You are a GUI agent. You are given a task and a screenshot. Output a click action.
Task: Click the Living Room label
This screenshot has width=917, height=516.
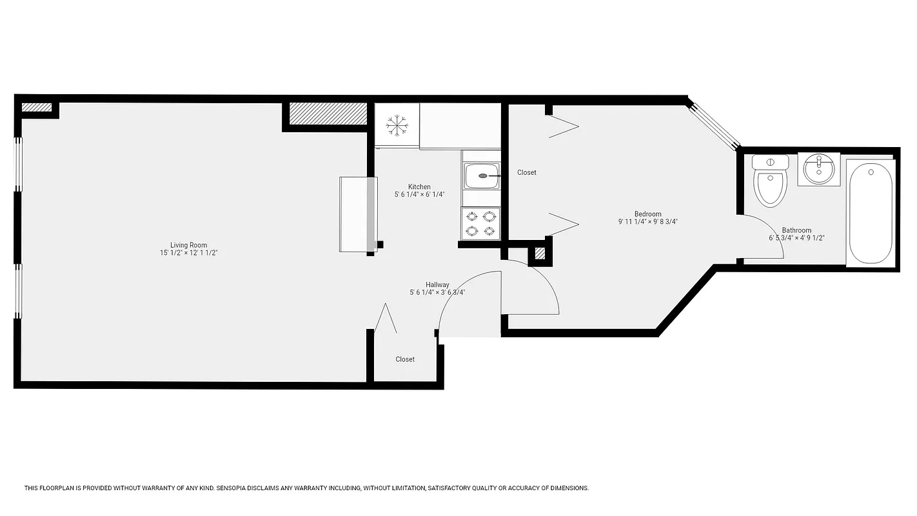click(x=188, y=245)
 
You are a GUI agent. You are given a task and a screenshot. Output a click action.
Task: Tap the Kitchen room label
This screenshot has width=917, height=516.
click(x=419, y=187)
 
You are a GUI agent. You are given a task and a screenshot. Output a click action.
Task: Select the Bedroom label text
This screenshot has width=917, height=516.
click(x=647, y=214)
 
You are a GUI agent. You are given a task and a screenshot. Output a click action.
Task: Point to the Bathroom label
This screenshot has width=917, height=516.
click(x=796, y=230)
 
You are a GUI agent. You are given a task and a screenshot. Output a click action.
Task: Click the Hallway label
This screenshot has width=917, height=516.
click(x=437, y=284)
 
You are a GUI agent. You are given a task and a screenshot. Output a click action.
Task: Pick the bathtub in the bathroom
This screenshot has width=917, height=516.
click(x=870, y=213)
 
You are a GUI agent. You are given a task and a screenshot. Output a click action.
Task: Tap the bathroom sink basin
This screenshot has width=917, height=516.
click(x=819, y=169)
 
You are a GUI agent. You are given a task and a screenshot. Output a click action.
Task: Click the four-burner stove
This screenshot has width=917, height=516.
click(x=481, y=223)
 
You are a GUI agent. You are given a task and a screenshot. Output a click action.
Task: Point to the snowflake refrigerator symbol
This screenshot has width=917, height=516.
click(x=397, y=124)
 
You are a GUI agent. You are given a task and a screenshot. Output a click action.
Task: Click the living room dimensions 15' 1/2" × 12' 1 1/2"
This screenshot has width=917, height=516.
click(x=188, y=253)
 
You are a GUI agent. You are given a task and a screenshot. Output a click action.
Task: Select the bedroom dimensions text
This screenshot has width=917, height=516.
click(x=647, y=222)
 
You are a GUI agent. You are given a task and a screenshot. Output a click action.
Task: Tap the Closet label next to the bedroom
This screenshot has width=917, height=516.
click(x=527, y=173)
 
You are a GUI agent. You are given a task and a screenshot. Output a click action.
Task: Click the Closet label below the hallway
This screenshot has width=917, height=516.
click(x=405, y=359)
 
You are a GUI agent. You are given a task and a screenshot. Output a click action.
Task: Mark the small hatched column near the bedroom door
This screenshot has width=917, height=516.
click(x=539, y=253)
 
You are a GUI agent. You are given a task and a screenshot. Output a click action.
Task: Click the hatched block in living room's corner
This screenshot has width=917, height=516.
click(x=37, y=108)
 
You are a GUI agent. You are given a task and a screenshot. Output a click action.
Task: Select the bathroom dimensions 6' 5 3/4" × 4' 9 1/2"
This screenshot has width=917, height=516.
click(x=796, y=238)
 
